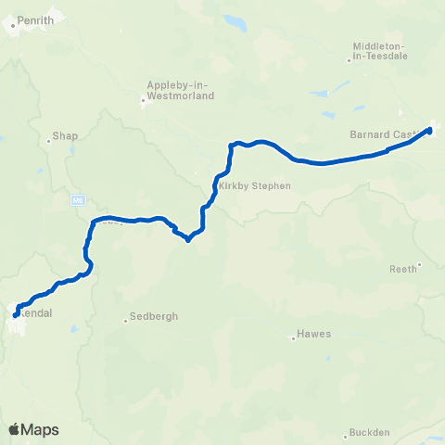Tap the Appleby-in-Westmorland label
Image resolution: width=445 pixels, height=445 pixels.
[x=180, y=90]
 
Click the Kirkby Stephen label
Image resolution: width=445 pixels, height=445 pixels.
[x=255, y=185]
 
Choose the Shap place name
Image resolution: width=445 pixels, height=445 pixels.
[x=65, y=135]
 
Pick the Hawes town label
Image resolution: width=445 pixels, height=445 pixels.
[x=314, y=334]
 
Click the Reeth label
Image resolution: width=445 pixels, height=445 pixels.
[x=402, y=269]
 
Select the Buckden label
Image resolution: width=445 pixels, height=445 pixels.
[x=368, y=433]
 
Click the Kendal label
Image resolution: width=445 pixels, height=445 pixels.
[x=35, y=311]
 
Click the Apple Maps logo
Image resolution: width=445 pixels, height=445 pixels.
[x=33, y=429]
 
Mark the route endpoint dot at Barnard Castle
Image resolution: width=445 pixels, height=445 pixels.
[x=429, y=131]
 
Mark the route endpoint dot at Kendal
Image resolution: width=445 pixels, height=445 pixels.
[x=16, y=315]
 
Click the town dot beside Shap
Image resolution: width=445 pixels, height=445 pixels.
[x=48, y=142]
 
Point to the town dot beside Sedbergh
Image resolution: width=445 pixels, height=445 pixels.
[x=126, y=322]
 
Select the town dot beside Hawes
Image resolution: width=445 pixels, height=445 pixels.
[x=294, y=338]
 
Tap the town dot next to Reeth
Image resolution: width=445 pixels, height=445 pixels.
[x=420, y=264]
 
